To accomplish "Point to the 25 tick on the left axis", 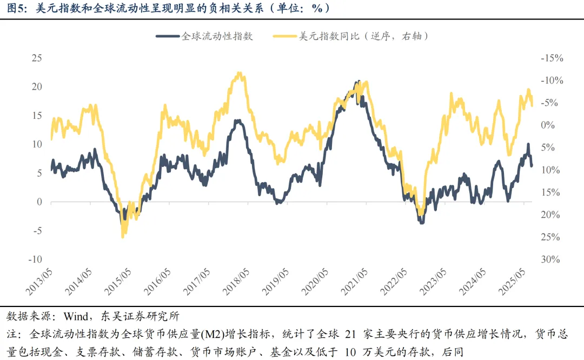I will pyautogui.click(x=37, y=58).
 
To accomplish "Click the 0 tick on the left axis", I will pyautogui.click(x=39, y=202).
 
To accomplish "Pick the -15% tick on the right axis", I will pyautogui.click(x=552, y=58).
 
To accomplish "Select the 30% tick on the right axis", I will pyautogui.click(x=551, y=259).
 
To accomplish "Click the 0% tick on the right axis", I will pyautogui.click(x=548, y=125).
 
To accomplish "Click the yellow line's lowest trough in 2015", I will pyautogui.click(x=123, y=236).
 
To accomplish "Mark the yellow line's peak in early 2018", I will pyautogui.click(x=238, y=73).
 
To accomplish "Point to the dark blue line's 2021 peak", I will pyautogui.click(x=357, y=82).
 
